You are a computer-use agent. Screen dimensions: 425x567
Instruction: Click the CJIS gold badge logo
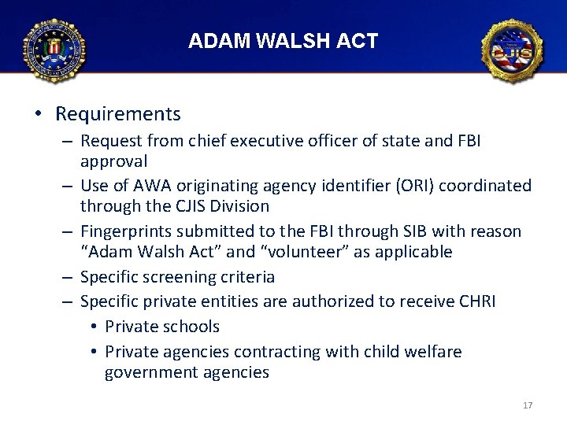[x=513, y=51]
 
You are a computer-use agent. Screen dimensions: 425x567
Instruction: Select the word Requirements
[x=118, y=114]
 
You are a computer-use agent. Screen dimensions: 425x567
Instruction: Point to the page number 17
[x=528, y=405]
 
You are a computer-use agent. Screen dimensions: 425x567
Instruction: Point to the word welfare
[x=432, y=352]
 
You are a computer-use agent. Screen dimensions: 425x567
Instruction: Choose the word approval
[x=114, y=162]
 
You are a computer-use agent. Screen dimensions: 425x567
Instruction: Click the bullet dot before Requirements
[x=39, y=115]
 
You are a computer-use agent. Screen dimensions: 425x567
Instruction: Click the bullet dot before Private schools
[x=93, y=327]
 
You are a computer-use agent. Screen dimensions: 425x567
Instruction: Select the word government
[x=150, y=373]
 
